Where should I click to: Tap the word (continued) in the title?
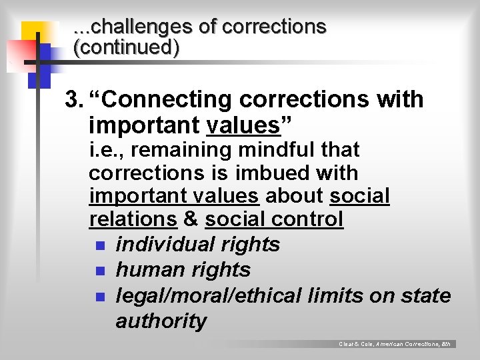point(126,48)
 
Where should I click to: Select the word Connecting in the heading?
point(162,100)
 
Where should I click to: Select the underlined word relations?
point(133,219)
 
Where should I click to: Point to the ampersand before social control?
point(191,219)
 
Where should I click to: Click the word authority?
point(161,321)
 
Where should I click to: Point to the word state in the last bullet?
point(425,295)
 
